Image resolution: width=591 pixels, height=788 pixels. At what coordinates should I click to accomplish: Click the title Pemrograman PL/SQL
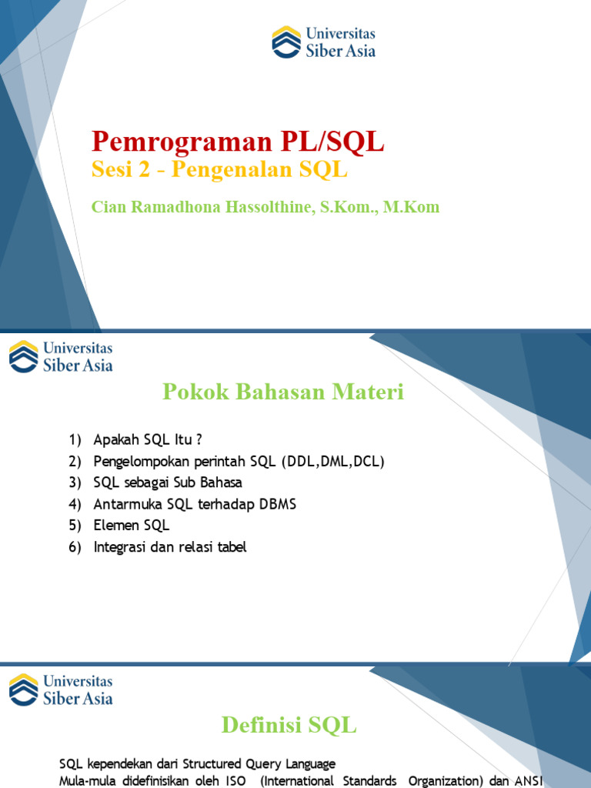[x=238, y=142]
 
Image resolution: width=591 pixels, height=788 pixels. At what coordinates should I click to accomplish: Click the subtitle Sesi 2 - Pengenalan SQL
[x=219, y=171]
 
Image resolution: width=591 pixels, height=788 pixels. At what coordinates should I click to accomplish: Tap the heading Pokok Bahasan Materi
[x=282, y=392]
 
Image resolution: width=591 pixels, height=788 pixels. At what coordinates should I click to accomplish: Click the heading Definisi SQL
[x=289, y=724]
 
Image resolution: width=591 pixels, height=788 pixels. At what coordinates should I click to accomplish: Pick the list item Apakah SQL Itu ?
[x=147, y=440]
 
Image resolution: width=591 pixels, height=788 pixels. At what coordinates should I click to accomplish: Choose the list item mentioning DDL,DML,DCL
[x=239, y=462]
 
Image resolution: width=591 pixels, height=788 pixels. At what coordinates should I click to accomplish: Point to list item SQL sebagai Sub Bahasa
[x=168, y=483]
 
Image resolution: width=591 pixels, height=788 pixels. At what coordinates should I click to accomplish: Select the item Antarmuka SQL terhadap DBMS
[x=195, y=505]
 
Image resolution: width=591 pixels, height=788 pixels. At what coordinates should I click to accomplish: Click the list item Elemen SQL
[x=131, y=526]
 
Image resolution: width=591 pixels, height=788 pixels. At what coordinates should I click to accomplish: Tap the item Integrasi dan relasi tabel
[x=170, y=548]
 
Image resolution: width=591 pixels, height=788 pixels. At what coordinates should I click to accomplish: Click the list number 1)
[x=75, y=440]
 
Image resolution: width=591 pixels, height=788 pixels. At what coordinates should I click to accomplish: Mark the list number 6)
[x=75, y=548]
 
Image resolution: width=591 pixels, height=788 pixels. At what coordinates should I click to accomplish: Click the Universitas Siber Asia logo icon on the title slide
[x=286, y=42]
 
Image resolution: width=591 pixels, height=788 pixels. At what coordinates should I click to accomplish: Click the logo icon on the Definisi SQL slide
[x=23, y=689]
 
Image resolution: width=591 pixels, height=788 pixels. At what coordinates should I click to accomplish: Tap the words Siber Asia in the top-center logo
[x=340, y=52]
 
